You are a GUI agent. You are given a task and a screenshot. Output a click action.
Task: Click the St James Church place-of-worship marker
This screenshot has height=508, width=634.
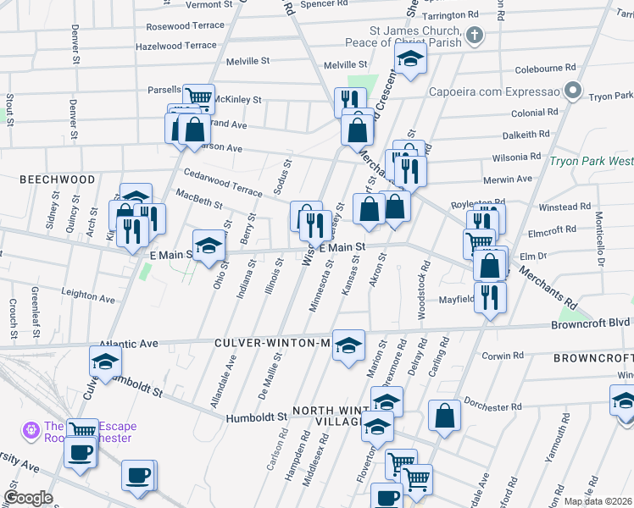pyautogui.click(x=475, y=36)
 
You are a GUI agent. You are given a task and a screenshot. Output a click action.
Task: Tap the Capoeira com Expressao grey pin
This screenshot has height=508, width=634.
pyautogui.click(x=573, y=90)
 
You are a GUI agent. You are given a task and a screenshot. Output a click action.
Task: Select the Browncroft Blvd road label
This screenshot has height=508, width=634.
pyautogui.click(x=591, y=323)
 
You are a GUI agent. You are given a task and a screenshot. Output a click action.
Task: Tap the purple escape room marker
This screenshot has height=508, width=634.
pyautogui.click(x=33, y=430)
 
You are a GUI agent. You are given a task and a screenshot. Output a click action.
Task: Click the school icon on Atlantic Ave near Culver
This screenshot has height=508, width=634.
pyautogui.click(x=105, y=362)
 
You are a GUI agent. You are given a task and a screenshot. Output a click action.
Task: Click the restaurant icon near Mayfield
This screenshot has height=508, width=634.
pyautogui.click(x=490, y=297)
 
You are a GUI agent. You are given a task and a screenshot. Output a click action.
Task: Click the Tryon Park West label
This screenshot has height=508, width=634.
pyautogui.click(x=591, y=161)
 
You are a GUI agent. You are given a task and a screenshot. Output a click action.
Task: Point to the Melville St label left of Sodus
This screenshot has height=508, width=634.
pyautogui.click(x=247, y=62)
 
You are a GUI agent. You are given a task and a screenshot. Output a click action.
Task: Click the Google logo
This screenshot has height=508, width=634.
pyautogui.click(x=28, y=498)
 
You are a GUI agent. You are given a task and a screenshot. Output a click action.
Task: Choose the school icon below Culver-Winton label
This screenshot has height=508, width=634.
pyautogui.click(x=348, y=345)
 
